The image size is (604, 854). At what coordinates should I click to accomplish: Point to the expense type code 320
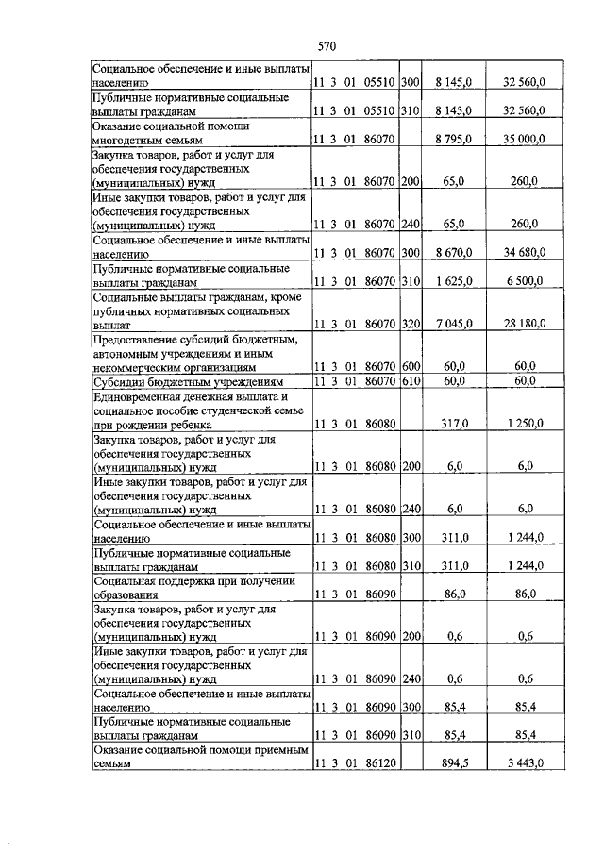pos(410,324)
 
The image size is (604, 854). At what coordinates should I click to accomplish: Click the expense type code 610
pos(410,381)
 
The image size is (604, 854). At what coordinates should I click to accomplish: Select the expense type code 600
pos(410,366)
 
